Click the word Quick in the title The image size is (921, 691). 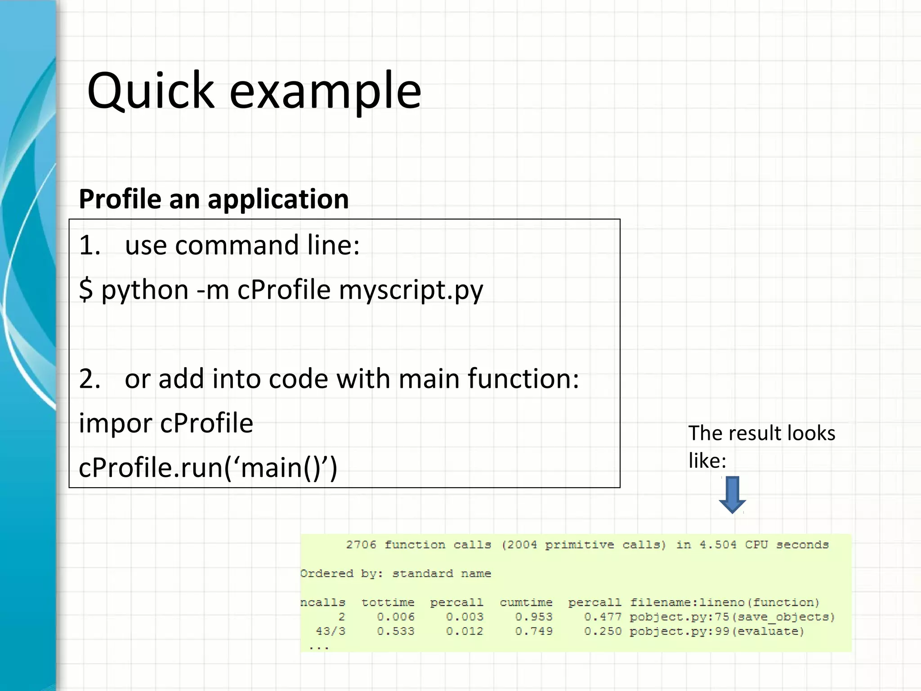tap(151, 91)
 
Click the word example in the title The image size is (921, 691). tap(325, 91)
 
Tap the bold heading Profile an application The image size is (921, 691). tap(214, 199)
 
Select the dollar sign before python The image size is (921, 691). tap(85, 289)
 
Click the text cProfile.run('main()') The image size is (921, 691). tap(208, 467)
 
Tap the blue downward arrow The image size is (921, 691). tap(732, 494)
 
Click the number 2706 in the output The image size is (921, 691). tap(361, 545)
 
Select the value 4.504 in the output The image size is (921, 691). tap(718, 545)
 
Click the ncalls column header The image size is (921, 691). tap(322, 602)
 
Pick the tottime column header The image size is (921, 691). tap(388, 602)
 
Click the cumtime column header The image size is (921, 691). tap(526, 602)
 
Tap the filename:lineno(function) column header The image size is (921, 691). tap(724, 602)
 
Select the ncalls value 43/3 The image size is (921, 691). tap(331, 631)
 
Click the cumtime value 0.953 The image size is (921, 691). tap(534, 617)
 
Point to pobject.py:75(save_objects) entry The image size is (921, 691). tap(732, 617)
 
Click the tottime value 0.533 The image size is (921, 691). tap(396, 631)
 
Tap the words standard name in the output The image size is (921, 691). tap(441, 574)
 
